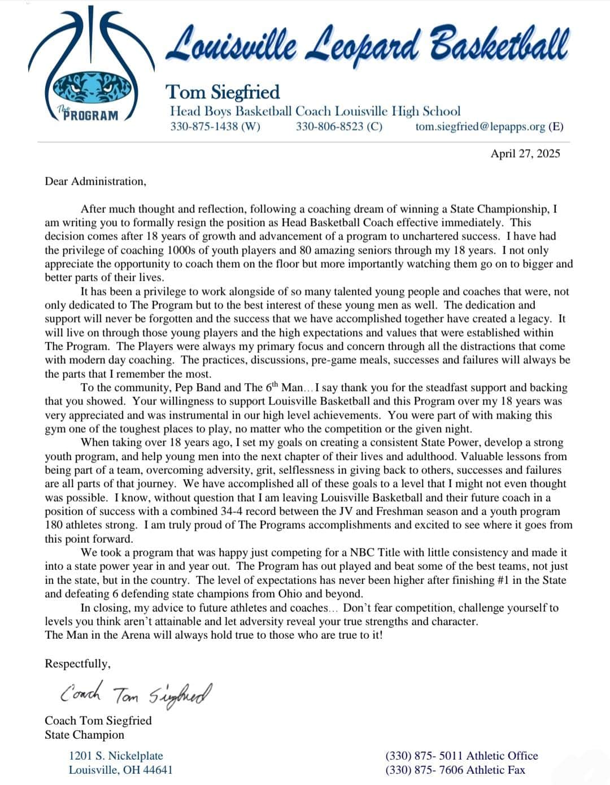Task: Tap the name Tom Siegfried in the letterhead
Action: [x=223, y=91]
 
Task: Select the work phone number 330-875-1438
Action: [x=215, y=127]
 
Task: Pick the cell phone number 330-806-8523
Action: [x=339, y=127]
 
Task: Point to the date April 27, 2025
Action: [x=525, y=153]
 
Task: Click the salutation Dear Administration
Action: [x=95, y=181]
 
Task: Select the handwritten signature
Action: [x=136, y=694]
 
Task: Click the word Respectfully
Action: [x=77, y=664]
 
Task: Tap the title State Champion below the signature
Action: [x=84, y=735]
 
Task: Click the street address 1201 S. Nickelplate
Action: [x=116, y=756]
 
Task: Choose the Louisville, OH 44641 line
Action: [x=120, y=770]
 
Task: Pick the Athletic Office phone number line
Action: [x=461, y=756]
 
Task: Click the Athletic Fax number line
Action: [x=455, y=770]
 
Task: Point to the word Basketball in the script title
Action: [x=499, y=45]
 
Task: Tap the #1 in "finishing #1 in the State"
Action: [x=486, y=580]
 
